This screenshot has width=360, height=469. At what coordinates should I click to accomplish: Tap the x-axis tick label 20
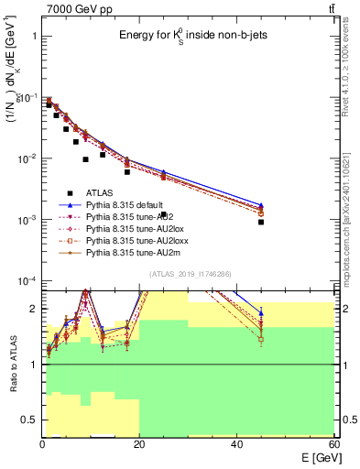click(x=139, y=444)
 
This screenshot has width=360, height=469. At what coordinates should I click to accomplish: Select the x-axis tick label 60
click(x=334, y=444)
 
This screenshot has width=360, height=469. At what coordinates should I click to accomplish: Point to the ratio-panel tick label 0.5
click(x=29, y=420)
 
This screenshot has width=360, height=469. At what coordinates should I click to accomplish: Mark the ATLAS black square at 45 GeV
click(x=261, y=222)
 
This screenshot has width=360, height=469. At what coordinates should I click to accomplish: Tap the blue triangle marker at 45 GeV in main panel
click(x=261, y=205)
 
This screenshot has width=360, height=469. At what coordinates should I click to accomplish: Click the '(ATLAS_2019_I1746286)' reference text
click(x=188, y=275)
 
